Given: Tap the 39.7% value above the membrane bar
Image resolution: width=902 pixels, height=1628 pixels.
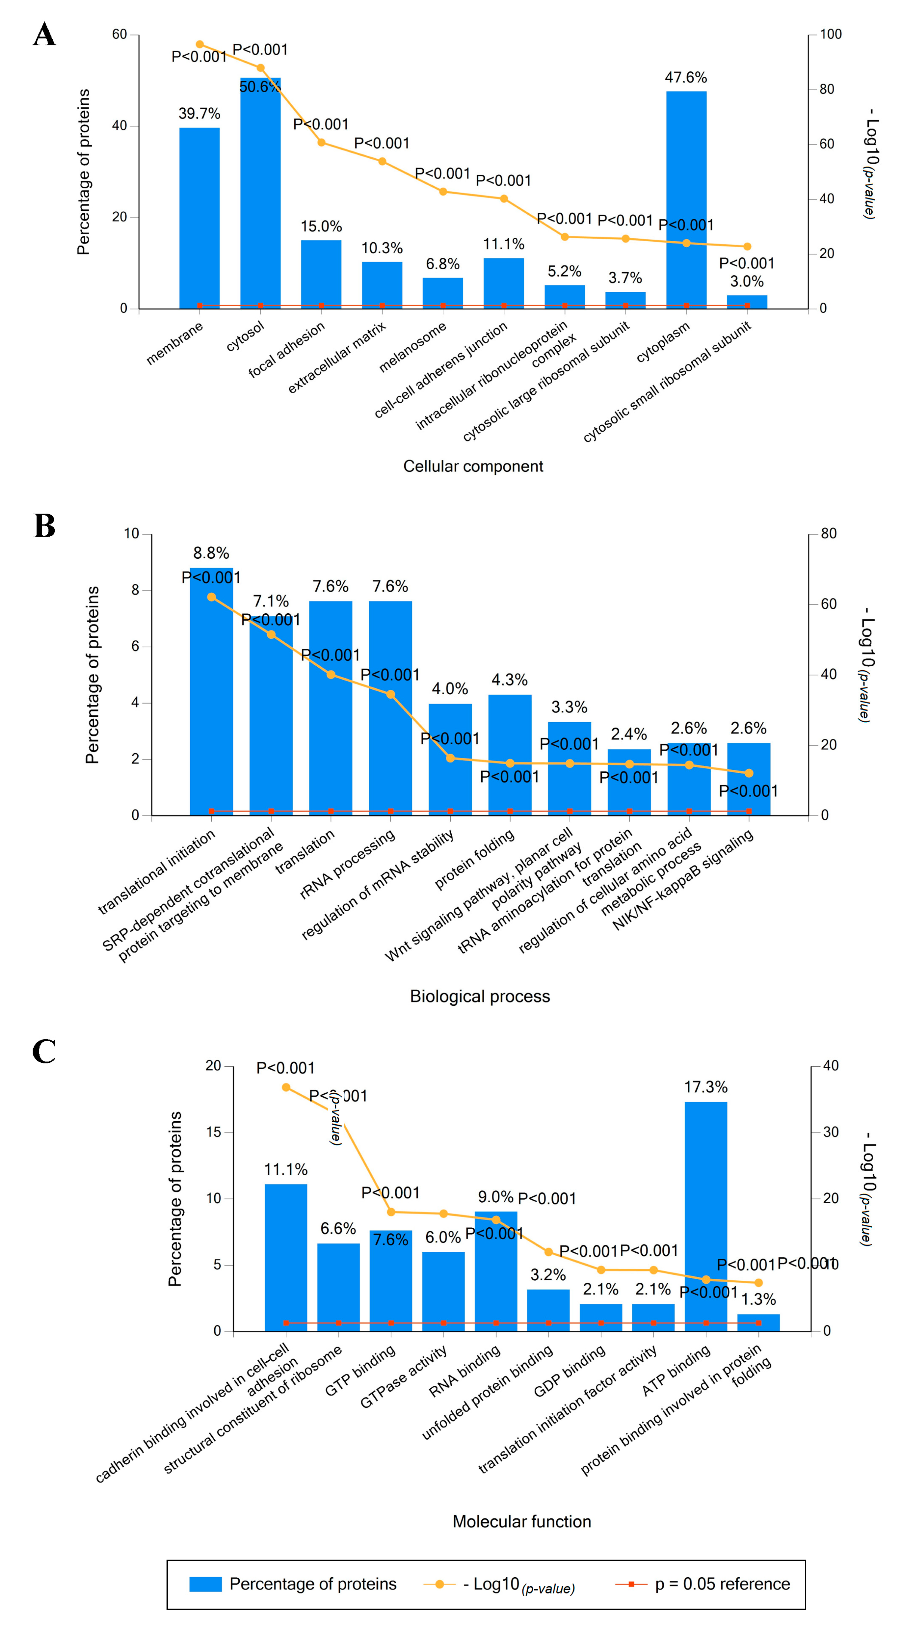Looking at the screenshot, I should point(199,114).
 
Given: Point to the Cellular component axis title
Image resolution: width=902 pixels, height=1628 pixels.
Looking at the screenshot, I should point(473,467).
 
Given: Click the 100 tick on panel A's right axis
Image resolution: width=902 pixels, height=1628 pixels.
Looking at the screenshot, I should point(831,34).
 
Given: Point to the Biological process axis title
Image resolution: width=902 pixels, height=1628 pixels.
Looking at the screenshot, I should point(480,997).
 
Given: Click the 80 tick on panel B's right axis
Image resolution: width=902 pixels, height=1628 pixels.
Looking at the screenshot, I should point(828,534).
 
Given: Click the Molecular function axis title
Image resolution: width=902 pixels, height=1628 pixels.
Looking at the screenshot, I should point(521,1522).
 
